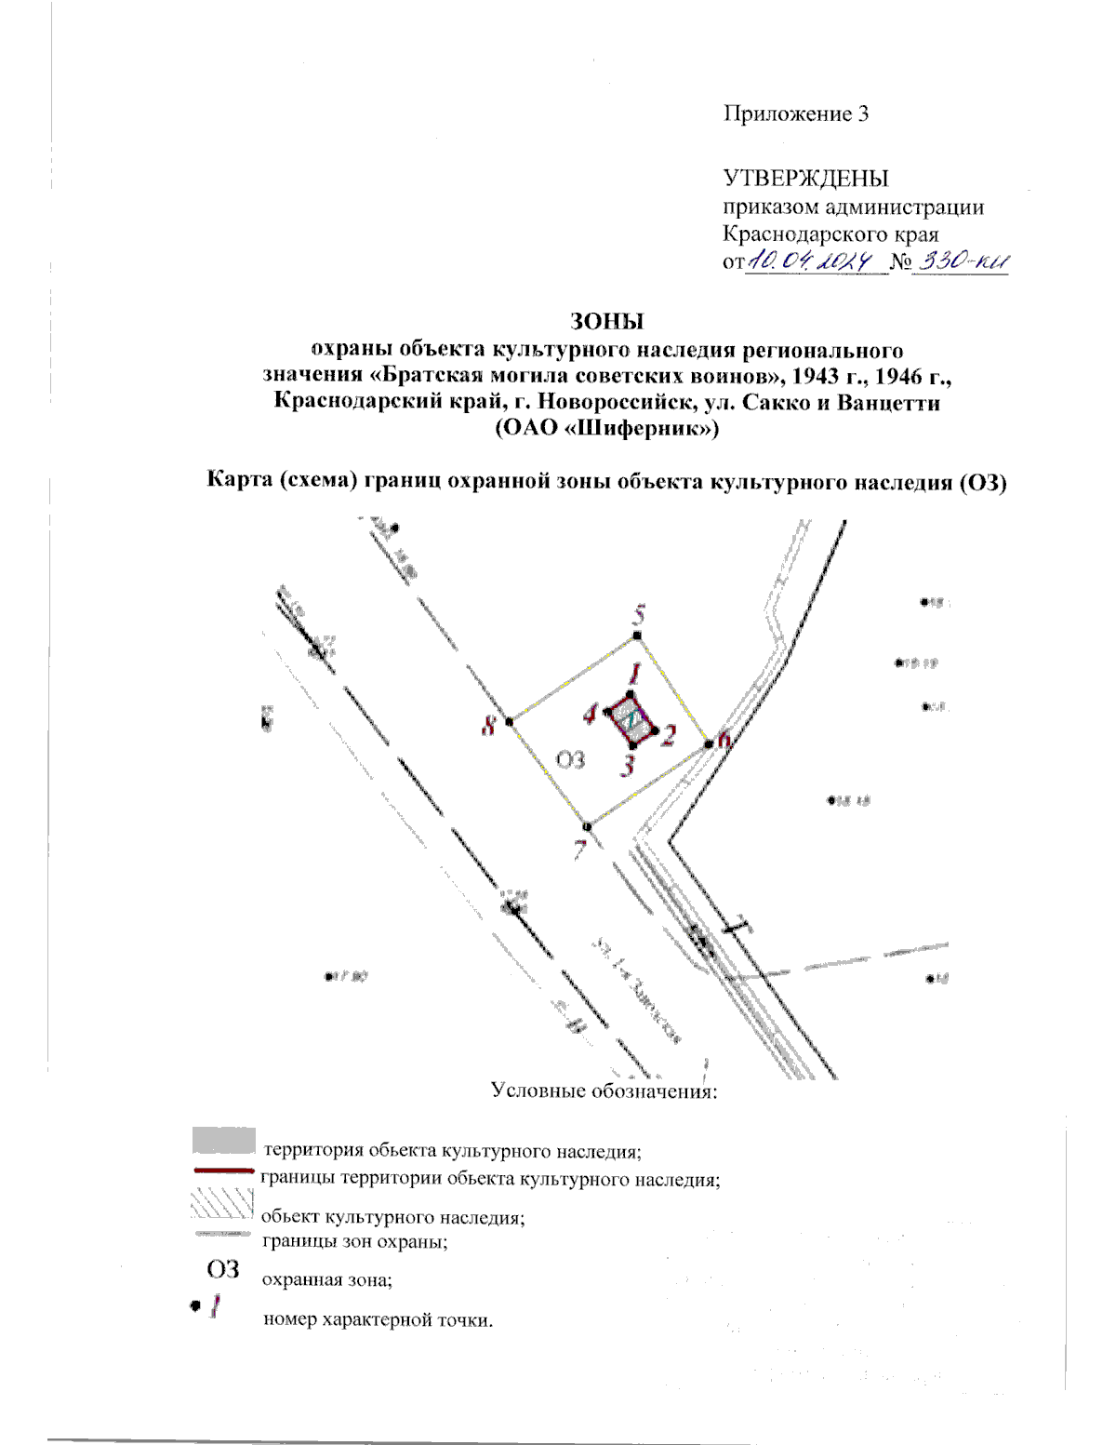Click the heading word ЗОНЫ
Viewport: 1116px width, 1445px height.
pos(606,321)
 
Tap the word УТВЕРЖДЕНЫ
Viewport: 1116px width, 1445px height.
pos(805,178)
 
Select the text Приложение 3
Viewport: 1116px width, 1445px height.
pos(796,114)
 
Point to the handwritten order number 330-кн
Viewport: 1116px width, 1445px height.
pos(962,262)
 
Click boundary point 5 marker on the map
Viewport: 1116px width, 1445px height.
pos(637,636)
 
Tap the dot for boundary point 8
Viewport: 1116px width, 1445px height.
pos(510,722)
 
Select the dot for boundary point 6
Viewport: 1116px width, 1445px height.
pos(709,743)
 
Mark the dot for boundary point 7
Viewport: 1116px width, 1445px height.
pos(586,826)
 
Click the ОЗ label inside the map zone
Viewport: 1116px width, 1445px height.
pos(570,759)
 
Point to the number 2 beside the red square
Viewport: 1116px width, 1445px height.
pos(668,735)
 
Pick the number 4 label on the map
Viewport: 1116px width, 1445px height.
pos(590,715)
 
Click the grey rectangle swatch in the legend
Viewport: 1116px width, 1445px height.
pos(223,1140)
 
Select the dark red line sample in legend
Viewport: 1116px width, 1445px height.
pos(223,1171)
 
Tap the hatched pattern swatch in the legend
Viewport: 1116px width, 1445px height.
pos(221,1204)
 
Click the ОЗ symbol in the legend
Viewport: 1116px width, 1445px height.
pos(222,1269)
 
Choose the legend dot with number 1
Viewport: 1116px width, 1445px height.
pos(206,1306)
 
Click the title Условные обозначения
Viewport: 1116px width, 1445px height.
pos(604,1090)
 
